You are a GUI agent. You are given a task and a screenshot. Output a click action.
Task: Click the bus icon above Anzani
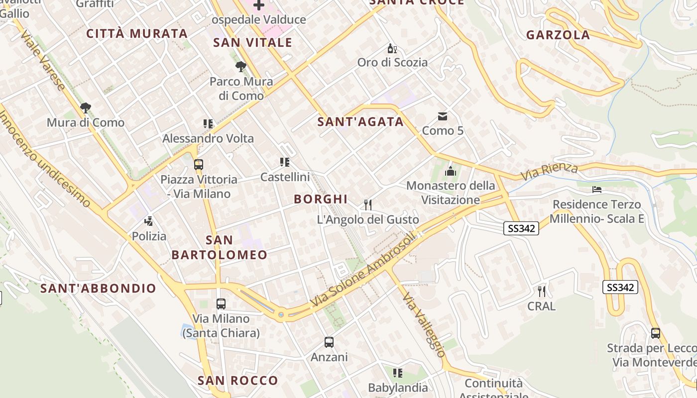click(x=329, y=342)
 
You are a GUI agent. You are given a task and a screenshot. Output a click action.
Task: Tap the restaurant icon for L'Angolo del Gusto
click(x=368, y=204)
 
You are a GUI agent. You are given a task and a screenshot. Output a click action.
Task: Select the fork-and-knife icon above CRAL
click(x=542, y=291)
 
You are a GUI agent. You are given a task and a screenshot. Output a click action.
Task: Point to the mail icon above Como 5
click(x=442, y=116)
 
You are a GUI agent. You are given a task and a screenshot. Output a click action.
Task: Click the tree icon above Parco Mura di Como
click(x=241, y=67)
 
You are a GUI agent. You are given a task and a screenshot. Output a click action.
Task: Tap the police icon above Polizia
click(x=148, y=221)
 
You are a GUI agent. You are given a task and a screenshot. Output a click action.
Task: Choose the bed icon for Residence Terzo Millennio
click(x=597, y=190)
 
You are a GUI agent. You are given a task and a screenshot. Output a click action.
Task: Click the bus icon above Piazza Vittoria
click(x=199, y=164)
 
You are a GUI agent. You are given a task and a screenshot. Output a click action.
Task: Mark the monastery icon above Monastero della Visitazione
click(x=451, y=171)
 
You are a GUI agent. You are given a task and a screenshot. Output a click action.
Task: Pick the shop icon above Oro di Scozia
click(x=392, y=48)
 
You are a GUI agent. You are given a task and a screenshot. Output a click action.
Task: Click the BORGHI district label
click(x=321, y=199)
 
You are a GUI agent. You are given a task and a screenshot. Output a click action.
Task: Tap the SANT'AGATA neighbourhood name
click(x=360, y=121)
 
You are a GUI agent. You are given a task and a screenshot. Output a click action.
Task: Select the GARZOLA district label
click(x=558, y=35)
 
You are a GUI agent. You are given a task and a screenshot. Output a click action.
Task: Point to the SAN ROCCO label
click(x=238, y=381)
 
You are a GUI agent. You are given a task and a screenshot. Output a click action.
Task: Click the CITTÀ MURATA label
click(x=137, y=33)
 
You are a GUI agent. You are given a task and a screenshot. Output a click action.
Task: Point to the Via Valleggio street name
click(x=424, y=325)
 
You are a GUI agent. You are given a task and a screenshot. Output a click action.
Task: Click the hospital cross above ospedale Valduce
click(x=259, y=5)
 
